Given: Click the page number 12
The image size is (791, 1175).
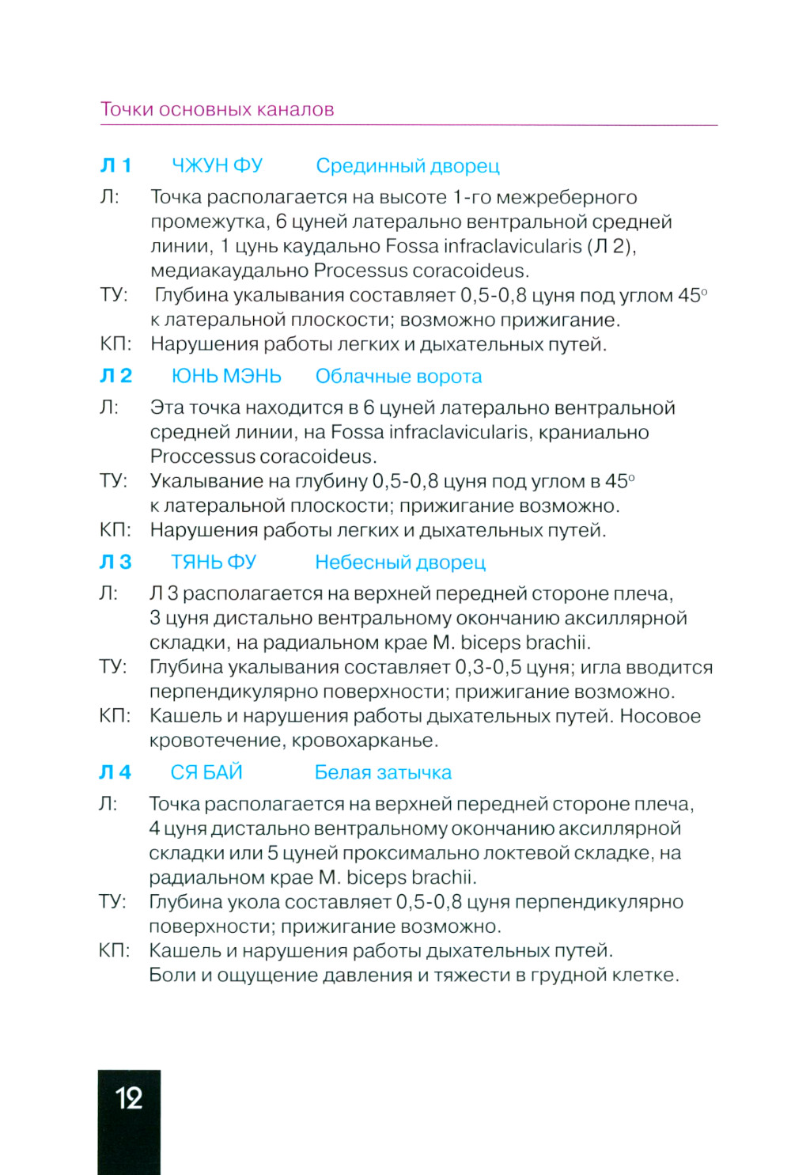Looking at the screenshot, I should pos(129,1097).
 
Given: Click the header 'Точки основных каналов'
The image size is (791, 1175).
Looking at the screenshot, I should pos(217,109).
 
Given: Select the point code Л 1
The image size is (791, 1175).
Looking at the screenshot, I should pos(115,165).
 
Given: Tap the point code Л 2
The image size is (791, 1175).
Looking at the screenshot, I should pos(115,376).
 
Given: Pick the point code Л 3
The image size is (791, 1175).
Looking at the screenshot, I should pos(115,562).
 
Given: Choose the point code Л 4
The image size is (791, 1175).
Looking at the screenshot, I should pos(115,772).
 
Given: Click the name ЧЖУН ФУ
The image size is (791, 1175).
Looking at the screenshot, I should pos(217,165).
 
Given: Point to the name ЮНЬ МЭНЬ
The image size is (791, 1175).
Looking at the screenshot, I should pos(226,376).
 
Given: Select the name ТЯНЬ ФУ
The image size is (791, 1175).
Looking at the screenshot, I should pos(214,562).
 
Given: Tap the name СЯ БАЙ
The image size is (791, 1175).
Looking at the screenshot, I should pos(206,772).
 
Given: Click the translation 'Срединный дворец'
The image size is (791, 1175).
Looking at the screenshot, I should pos(407,166).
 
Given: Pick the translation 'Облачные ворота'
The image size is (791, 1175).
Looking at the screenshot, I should pos(399,377).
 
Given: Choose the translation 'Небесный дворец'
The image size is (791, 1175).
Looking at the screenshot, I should pos(400,563).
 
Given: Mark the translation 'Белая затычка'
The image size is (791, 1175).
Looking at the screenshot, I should pos(383,773).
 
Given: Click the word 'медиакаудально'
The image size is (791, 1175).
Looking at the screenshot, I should pos(229,271).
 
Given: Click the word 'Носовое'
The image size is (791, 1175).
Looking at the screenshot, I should pos(660,716).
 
